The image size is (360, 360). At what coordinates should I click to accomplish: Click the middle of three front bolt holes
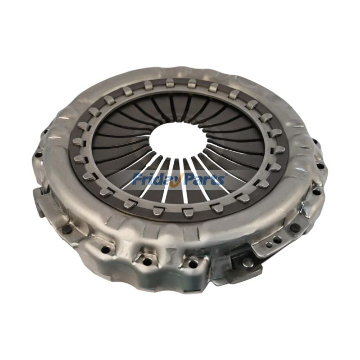click(x=147, y=261)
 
